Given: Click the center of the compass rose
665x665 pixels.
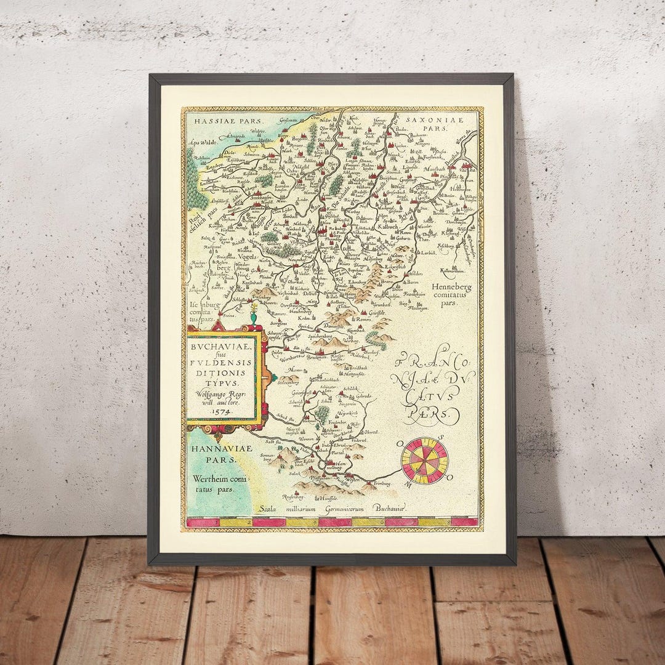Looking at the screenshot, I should click(x=424, y=460).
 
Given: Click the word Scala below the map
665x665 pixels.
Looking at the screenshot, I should click(x=272, y=509).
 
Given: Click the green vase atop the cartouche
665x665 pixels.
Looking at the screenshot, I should click(x=252, y=316).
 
